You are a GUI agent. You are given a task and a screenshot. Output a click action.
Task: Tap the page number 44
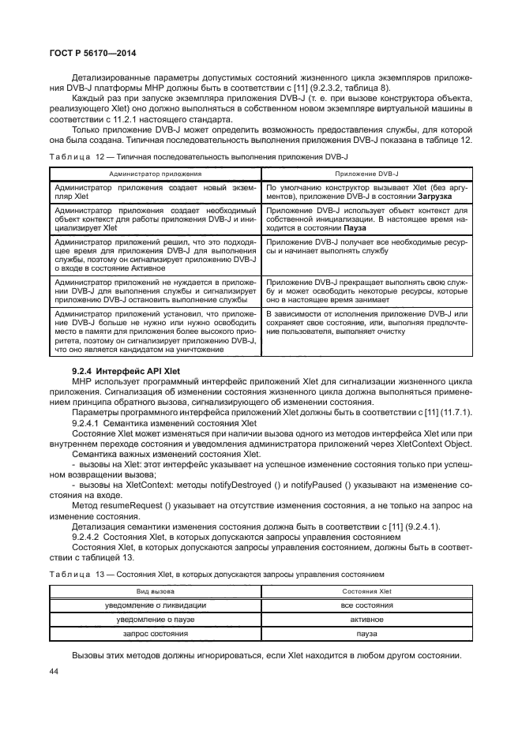(55, 670)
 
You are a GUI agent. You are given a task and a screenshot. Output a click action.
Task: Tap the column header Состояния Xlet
(367, 590)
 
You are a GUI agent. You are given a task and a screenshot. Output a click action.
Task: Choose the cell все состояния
(367, 605)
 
